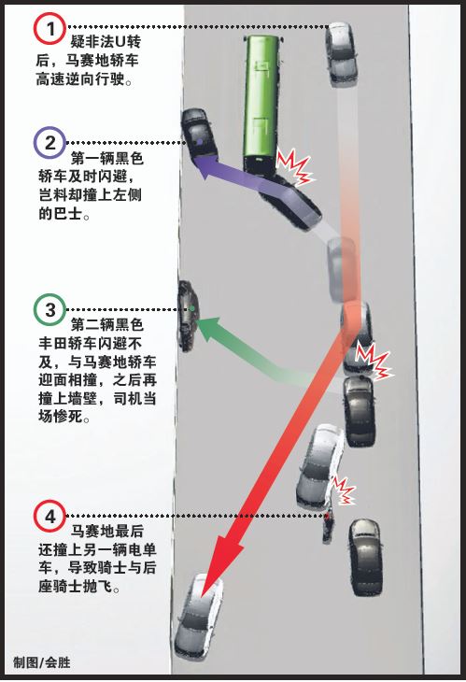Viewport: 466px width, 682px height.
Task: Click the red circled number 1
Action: (x=49, y=28)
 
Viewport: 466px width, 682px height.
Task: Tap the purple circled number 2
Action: (x=49, y=142)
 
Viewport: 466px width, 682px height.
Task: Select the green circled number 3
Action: (x=49, y=309)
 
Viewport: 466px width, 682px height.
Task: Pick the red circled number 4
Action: (x=49, y=517)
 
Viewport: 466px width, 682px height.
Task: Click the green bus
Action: (x=261, y=105)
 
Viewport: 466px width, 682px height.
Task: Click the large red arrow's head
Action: (x=224, y=561)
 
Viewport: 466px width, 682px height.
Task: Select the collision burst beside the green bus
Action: (x=295, y=166)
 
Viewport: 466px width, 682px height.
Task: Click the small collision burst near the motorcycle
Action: (x=344, y=490)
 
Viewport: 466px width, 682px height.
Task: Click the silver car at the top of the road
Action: (x=342, y=54)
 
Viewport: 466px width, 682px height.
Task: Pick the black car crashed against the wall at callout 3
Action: (x=188, y=316)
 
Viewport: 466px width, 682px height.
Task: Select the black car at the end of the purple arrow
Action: (x=198, y=134)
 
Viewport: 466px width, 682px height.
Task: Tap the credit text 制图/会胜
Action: (x=42, y=662)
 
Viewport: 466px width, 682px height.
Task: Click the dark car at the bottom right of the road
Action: (x=366, y=558)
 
